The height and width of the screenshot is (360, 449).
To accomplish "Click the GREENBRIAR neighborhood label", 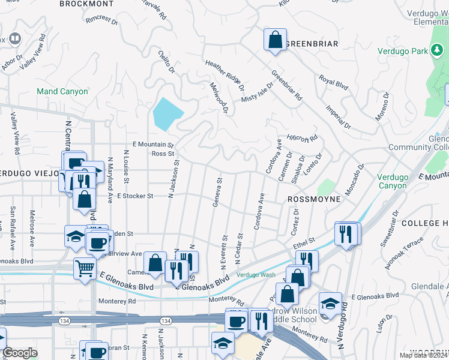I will coord(312,44).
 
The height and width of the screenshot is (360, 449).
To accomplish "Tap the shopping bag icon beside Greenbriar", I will coord(275,40).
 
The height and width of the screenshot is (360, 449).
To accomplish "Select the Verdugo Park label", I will coord(403,51).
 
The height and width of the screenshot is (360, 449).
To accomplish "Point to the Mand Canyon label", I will coord(62,91).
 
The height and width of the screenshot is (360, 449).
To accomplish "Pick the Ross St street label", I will coord(162,154).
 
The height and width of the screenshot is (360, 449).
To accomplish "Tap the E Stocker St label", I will coord(135,196).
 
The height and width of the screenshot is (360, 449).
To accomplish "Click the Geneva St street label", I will coord(217,191).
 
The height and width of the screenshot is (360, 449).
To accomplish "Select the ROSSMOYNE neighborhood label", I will coord(314,199).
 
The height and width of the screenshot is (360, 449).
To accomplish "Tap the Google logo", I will coord(20,352).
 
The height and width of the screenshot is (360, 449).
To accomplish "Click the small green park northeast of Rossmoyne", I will coord(327,187).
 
